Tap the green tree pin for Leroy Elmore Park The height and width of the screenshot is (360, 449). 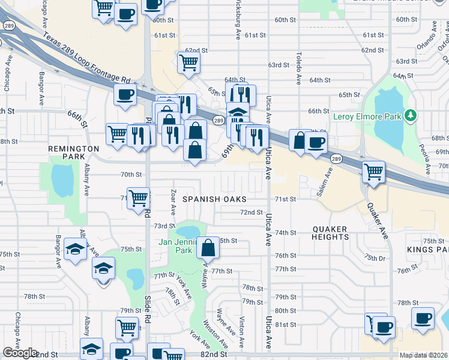click(x=411, y=115)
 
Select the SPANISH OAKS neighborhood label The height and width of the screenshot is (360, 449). click(x=215, y=199)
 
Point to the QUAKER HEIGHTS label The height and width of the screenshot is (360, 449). click(x=331, y=233)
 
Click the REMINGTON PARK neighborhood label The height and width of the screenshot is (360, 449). click(x=74, y=152)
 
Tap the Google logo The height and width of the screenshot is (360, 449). click(x=20, y=353)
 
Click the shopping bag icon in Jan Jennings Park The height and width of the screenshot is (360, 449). click(x=208, y=247)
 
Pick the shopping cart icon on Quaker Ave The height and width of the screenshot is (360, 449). click(x=374, y=172)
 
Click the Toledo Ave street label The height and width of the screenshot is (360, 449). click(x=297, y=67)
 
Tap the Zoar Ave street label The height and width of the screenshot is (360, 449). click(x=173, y=203)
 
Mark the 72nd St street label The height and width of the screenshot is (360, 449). click(x=252, y=212)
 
